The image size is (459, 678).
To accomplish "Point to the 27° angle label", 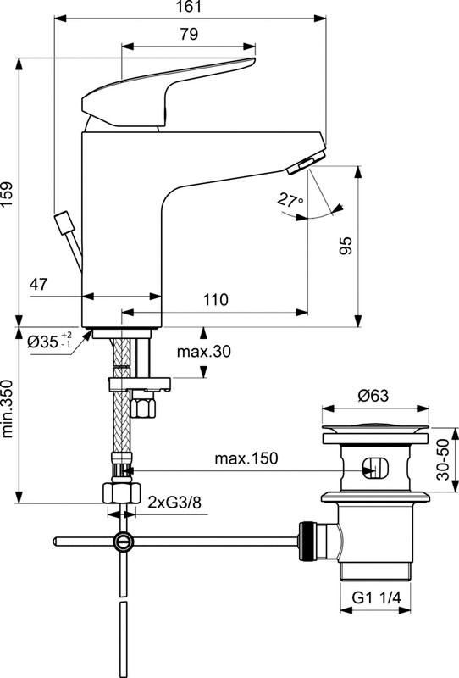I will click(x=290, y=201).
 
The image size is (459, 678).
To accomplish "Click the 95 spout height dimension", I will click(x=346, y=245).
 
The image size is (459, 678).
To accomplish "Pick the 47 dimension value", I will click(x=40, y=285).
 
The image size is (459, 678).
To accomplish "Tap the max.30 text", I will click(x=204, y=351).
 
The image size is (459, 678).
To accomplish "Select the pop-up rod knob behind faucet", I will click(x=62, y=225).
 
